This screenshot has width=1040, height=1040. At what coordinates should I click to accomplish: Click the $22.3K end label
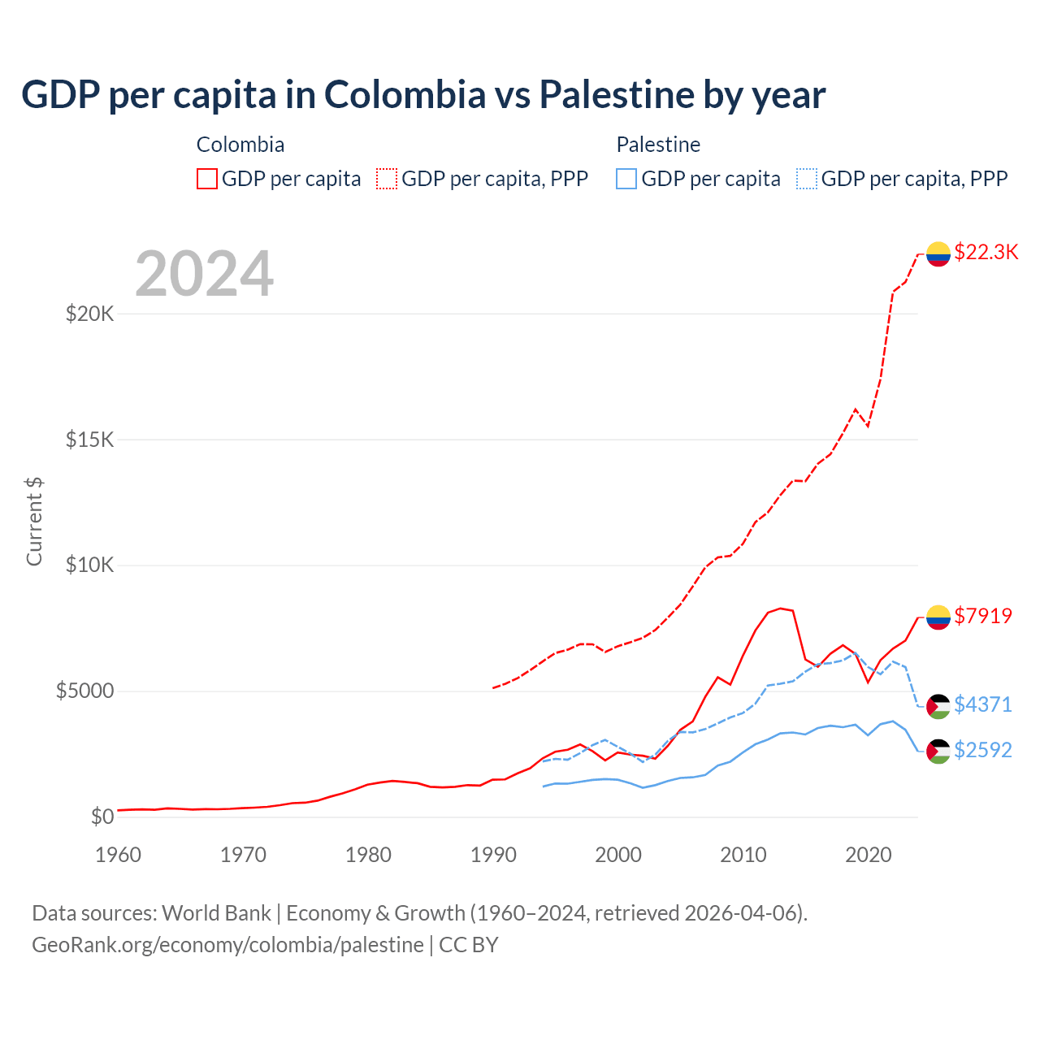[x=986, y=252]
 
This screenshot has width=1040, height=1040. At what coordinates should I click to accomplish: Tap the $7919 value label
[x=983, y=616]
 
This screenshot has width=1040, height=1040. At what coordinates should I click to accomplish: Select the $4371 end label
[x=983, y=704]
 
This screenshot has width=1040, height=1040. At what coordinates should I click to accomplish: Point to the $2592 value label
[x=983, y=750]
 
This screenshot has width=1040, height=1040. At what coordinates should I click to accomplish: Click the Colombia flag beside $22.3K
[x=938, y=253]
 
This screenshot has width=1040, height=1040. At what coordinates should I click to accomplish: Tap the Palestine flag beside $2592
[x=938, y=752]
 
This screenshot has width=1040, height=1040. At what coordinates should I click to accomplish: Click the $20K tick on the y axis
[x=89, y=314]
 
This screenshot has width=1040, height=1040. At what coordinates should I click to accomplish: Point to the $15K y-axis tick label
[x=89, y=440]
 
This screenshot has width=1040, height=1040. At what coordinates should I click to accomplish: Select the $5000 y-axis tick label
[x=84, y=691]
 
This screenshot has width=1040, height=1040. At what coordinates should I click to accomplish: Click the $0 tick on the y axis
[x=102, y=817]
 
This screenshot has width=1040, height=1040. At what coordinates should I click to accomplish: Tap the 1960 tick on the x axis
[x=119, y=855]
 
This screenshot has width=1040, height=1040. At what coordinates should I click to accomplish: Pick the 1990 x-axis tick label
[x=493, y=855]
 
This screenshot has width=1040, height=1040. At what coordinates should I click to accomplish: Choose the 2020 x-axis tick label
[x=869, y=855]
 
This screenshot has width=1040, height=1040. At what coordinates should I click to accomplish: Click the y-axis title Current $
[x=34, y=521]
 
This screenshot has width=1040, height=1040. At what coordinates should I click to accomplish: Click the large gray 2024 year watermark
[x=204, y=274]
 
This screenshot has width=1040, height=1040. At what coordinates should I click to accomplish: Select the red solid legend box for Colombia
[x=207, y=179]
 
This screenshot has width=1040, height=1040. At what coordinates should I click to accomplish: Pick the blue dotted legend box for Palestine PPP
[x=807, y=179]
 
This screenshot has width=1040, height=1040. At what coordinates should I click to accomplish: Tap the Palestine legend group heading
[x=658, y=145]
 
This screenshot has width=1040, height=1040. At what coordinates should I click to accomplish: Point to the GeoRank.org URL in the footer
[x=227, y=945]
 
